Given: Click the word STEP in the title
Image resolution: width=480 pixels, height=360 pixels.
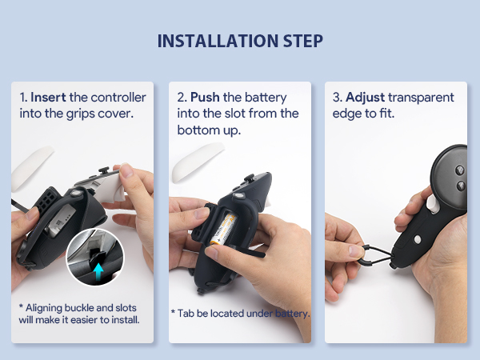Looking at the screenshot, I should pyautogui.click(x=300, y=41).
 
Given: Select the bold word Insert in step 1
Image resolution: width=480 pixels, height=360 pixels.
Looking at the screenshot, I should pyautogui.click(x=48, y=98).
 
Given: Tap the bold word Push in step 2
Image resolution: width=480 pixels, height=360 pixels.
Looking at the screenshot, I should pyautogui.click(x=205, y=98).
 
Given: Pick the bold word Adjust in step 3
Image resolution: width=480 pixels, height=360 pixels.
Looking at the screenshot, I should pyautogui.click(x=365, y=98).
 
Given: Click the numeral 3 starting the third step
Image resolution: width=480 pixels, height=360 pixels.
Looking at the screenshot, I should pyautogui.click(x=336, y=98).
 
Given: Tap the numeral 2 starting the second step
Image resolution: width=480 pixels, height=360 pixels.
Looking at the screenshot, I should pyautogui.click(x=180, y=98).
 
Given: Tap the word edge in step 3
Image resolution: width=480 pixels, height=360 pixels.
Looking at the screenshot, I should pyautogui.click(x=347, y=114).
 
